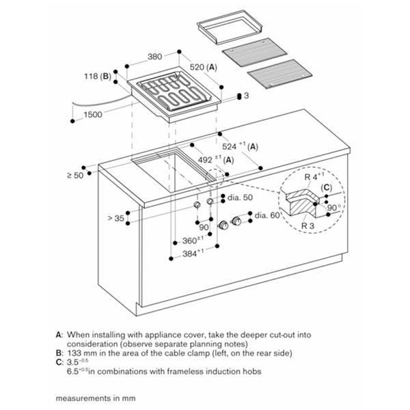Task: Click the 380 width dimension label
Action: [155, 57]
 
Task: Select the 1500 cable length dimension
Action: [93, 115]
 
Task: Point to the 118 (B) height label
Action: [98, 77]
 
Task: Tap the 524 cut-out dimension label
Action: [240, 146]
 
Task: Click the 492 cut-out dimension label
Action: [216, 159]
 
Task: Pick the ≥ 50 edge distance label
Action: [75, 176]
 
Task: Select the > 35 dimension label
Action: [116, 218]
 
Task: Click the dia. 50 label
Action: [240, 197]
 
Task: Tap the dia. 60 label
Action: [267, 215]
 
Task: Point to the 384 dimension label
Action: [193, 253]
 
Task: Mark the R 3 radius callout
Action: [307, 225]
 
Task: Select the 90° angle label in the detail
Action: [334, 208]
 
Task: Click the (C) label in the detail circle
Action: [327, 188]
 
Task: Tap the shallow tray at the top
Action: [230, 27]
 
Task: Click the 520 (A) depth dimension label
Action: [204, 68]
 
